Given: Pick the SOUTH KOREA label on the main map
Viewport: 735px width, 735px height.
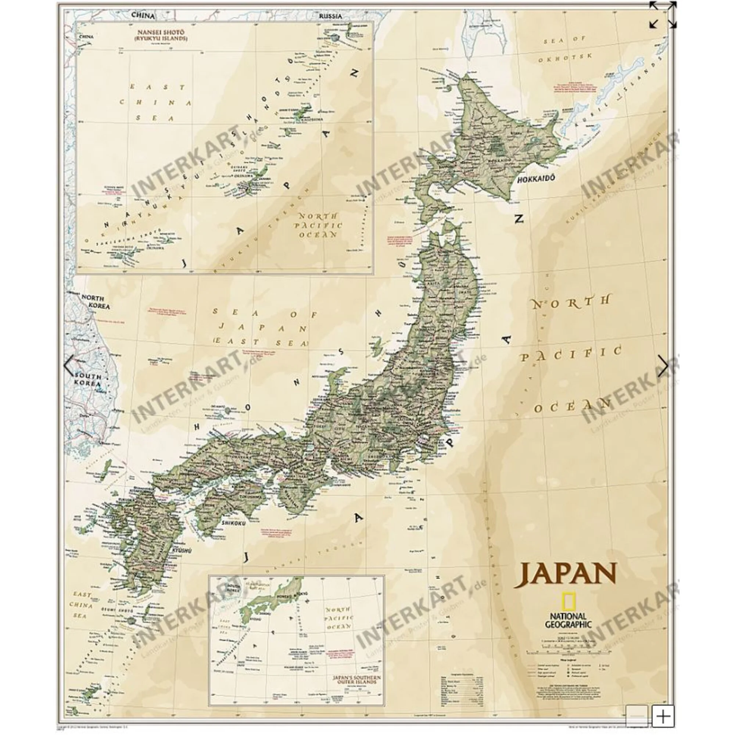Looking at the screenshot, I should coord(88,380).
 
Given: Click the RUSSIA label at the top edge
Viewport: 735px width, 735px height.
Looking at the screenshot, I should coord(330,16).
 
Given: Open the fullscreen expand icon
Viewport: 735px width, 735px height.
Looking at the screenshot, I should coord(663,14).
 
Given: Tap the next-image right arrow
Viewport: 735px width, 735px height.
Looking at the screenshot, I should coord(663,366).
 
